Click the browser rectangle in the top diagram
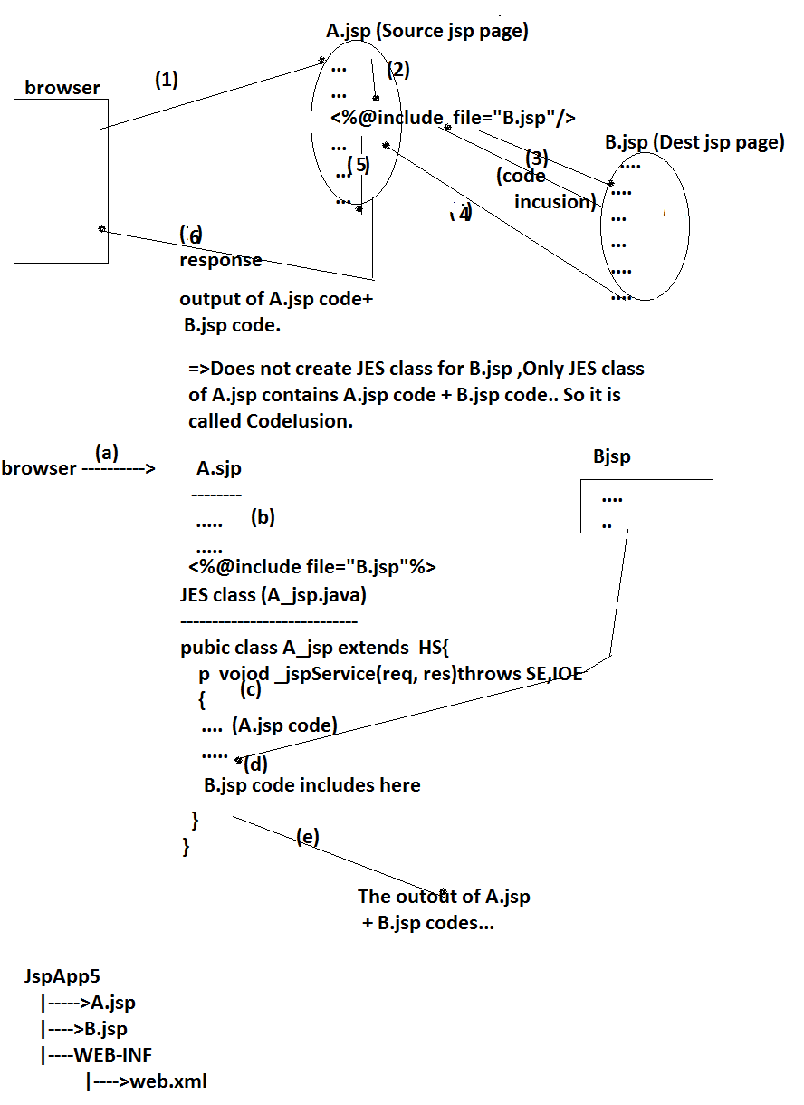click(x=61, y=181)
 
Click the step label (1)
click(x=166, y=80)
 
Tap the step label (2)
click(x=399, y=70)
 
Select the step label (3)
click(x=538, y=158)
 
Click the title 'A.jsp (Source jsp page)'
click(x=427, y=32)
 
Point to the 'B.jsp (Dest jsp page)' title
click(x=694, y=142)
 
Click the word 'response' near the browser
click(x=221, y=260)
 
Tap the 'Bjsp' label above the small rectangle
click(x=611, y=457)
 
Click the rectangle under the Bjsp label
click(x=646, y=505)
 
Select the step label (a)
click(x=107, y=451)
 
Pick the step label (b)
click(x=263, y=517)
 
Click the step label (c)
click(x=251, y=689)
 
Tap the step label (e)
click(x=308, y=837)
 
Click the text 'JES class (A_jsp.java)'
click(x=273, y=595)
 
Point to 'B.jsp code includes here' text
click(x=312, y=785)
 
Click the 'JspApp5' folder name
click(x=62, y=976)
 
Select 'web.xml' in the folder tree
click(x=169, y=1081)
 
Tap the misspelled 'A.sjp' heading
click(x=219, y=469)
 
